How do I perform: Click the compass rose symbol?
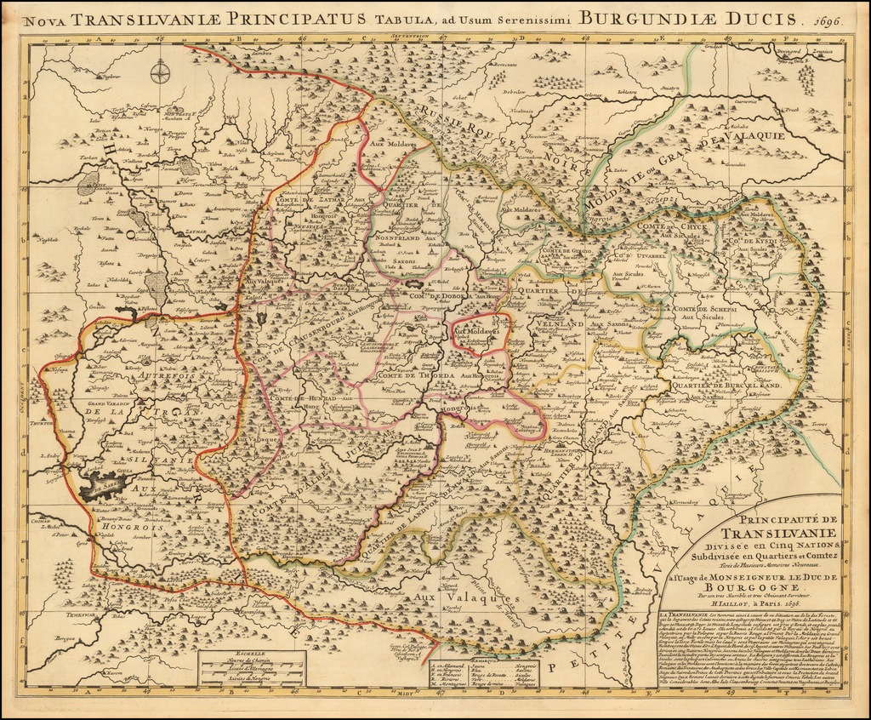160,73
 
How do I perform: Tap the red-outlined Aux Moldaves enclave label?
478,330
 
